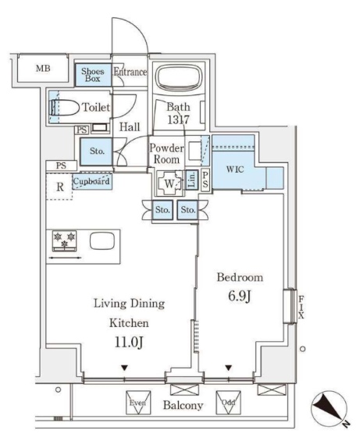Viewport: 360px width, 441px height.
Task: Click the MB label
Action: [43, 68]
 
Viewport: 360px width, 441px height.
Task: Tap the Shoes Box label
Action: [93, 75]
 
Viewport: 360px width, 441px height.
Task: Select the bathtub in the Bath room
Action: [179, 77]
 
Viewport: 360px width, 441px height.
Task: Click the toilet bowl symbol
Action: [65, 108]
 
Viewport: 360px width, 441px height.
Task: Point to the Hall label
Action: [130, 127]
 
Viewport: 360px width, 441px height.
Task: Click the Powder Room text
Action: [166, 154]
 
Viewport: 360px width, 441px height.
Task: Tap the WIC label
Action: [235, 169]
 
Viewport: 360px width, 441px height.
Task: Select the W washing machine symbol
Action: [169, 183]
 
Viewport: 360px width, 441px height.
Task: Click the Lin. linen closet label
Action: [191, 180]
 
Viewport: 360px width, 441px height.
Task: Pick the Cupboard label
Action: [91, 181]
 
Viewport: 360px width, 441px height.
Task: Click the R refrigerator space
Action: [59, 187]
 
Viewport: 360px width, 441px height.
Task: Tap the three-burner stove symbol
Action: [65, 240]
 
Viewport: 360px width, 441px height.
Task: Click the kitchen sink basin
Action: [102, 241]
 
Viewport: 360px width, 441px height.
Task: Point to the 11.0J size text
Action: [129, 342]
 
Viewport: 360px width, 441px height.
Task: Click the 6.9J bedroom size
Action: [240, 296]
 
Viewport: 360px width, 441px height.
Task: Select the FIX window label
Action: [301, 308]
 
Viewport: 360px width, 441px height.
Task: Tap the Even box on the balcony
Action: [138, 403]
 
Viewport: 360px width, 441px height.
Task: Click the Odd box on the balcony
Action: [228, 403]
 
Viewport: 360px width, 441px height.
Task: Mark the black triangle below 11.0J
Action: [125, 368]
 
